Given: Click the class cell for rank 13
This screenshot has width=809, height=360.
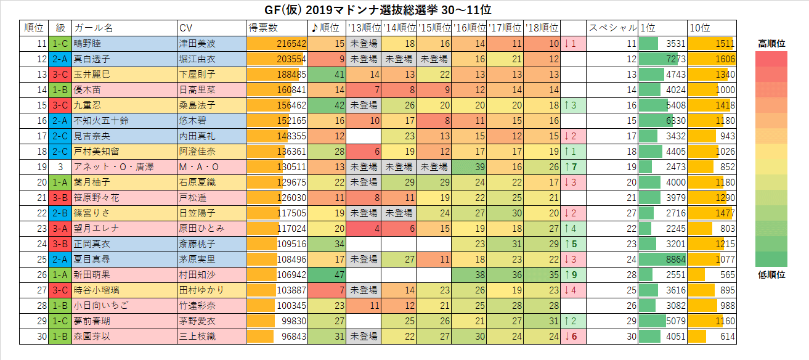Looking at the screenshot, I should [x=60, y=74].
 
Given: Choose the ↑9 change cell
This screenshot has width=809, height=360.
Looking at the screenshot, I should [x=572, y=274].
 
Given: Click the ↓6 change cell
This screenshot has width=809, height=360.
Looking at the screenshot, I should [x=572, y=336].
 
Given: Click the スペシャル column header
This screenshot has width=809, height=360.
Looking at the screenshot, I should [x=612, y=28].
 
